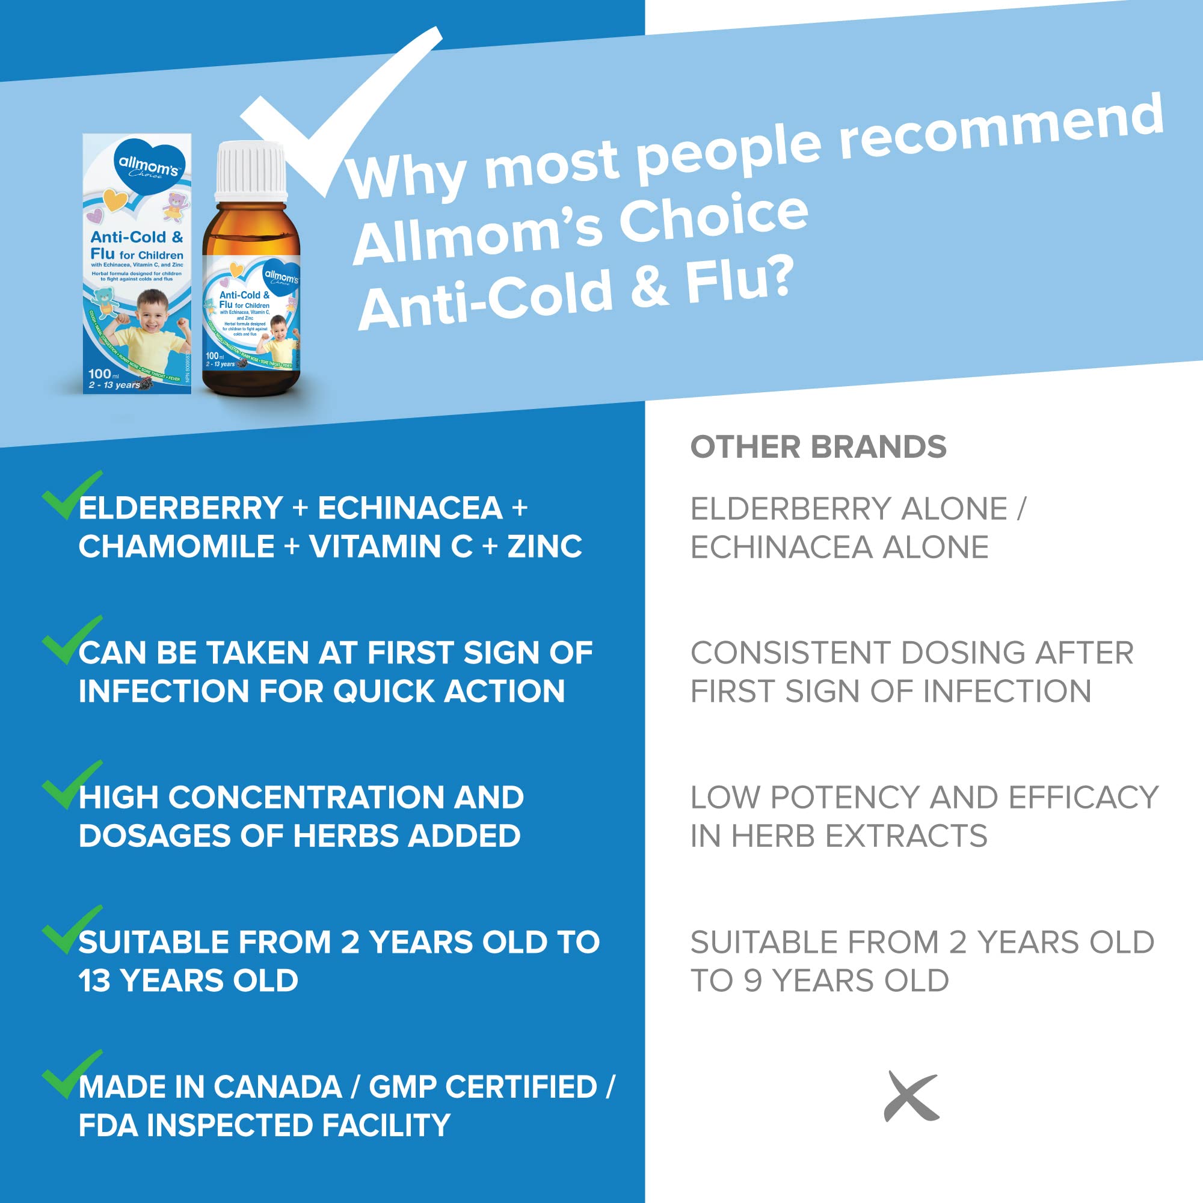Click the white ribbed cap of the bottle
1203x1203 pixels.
point(251,170)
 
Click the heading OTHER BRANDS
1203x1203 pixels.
point(817,447)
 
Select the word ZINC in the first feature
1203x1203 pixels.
point(545,547)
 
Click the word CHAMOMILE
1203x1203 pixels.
point(176,547)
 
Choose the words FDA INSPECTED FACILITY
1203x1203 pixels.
point(264,1125)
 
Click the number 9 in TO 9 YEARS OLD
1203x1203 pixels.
point(753,980)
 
